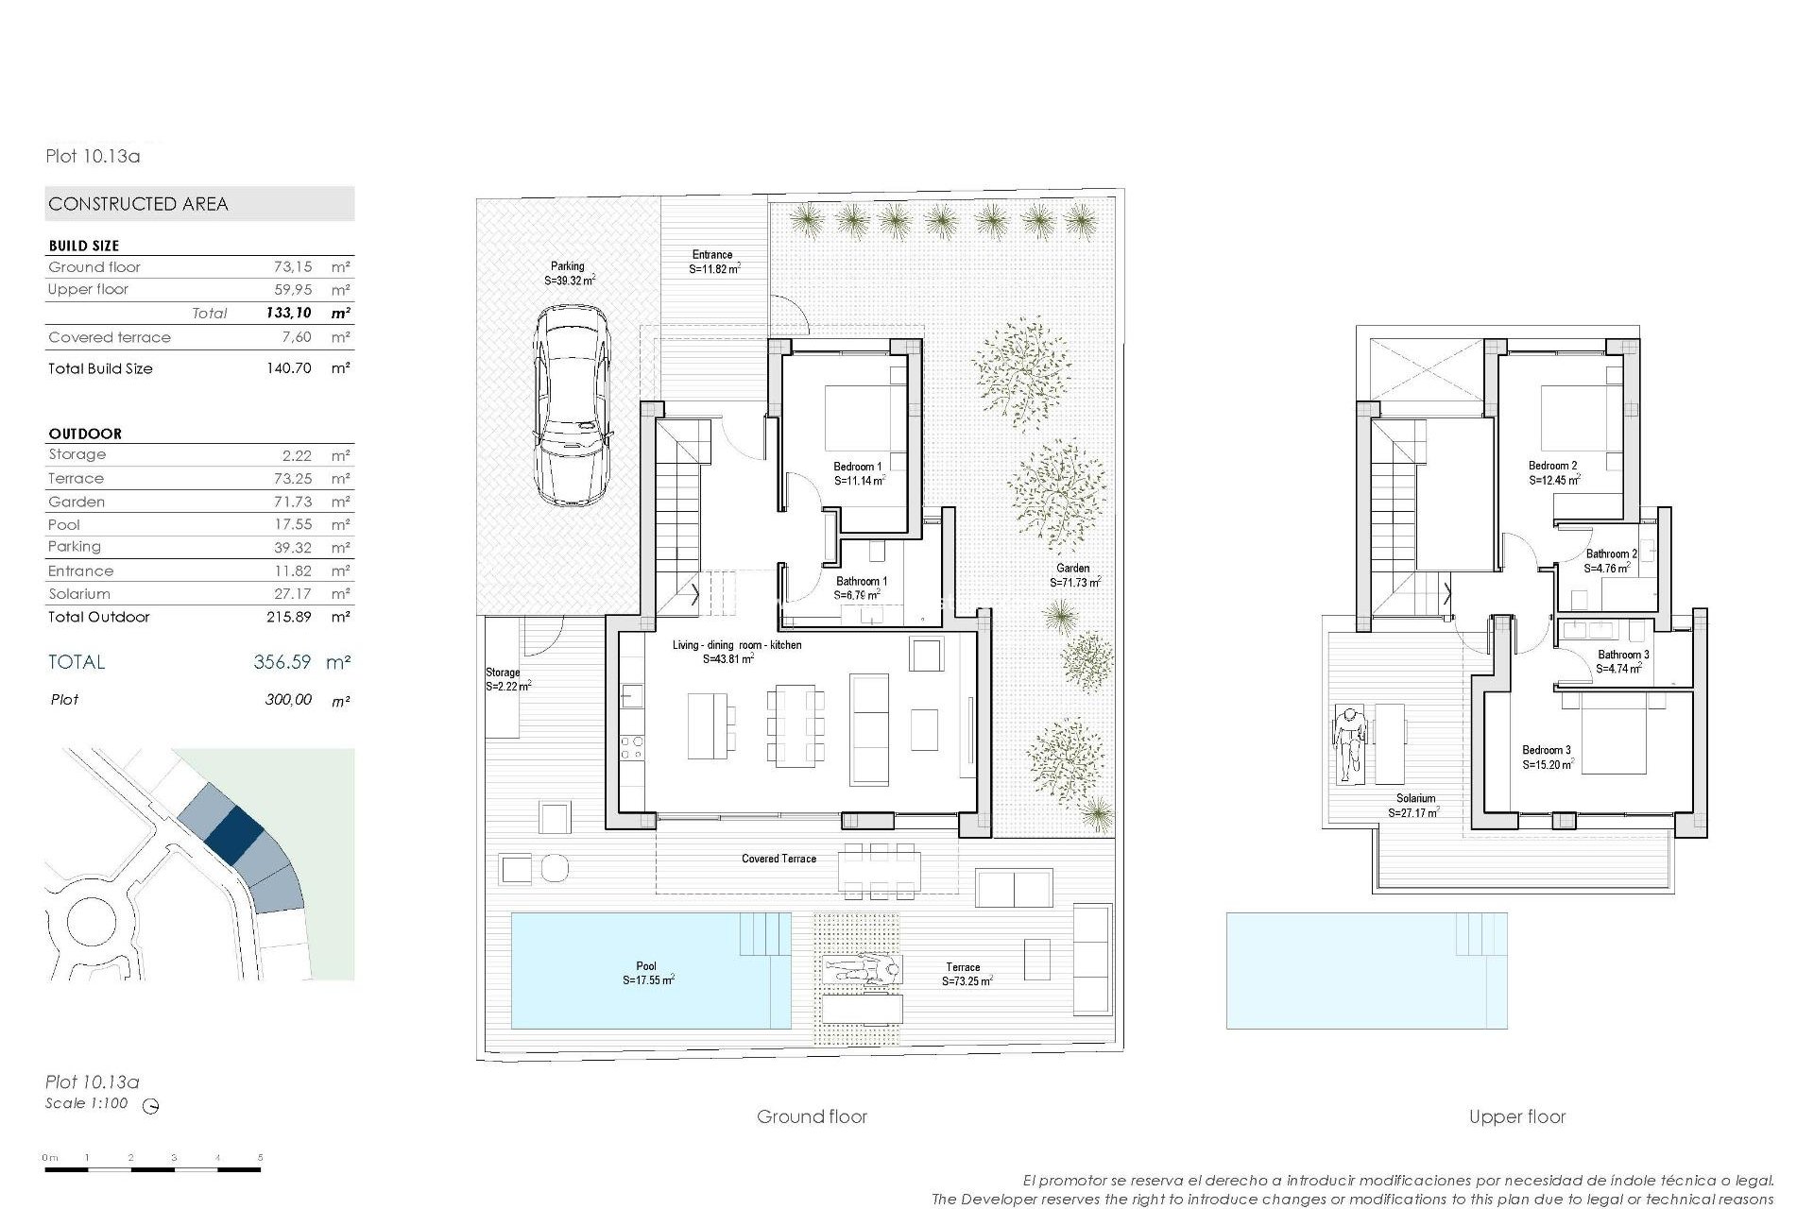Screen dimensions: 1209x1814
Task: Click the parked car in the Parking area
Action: pos(571,403)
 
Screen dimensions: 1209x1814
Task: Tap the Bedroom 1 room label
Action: pos(858,467)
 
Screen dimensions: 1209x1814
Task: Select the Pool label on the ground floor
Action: pos(646,966)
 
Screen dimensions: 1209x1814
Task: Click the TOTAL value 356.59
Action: pos(282,662)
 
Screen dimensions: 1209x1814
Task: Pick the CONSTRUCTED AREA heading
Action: pos(138,204)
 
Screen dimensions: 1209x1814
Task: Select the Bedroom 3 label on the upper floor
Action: pos(1547,751)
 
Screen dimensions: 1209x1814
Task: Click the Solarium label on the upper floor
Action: pos(1415,799)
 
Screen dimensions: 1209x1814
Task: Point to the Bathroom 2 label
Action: pos(1611,554)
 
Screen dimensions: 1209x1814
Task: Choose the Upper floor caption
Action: pos(1516,1117)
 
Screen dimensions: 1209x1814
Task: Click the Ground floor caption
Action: pos(812,1117)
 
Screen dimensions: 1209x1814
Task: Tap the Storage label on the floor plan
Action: pos(503,673)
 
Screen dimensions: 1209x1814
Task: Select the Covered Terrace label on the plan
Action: pos(779,859)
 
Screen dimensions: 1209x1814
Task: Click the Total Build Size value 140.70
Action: pos(288,368)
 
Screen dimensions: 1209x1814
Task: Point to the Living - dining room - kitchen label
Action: pos(737,645)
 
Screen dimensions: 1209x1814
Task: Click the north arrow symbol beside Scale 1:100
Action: pos(150,1106)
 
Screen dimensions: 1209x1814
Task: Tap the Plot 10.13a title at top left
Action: pos(93,157)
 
